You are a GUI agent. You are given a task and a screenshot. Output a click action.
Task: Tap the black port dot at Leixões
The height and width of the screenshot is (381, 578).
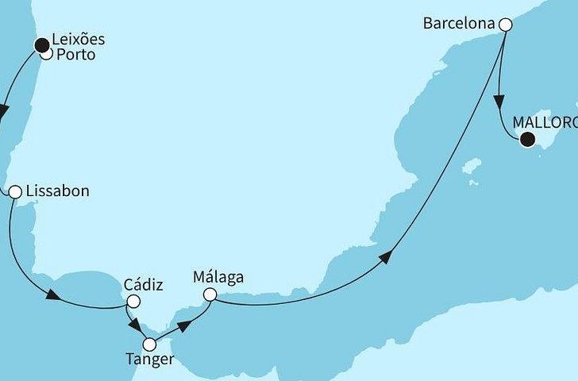[40, 45]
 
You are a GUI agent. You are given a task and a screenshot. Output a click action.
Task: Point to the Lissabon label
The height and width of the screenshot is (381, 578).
[57, 191]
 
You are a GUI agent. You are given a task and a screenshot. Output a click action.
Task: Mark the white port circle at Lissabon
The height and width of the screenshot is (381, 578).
[14, 191]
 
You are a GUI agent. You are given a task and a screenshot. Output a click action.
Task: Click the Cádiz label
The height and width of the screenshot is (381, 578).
[143, 285]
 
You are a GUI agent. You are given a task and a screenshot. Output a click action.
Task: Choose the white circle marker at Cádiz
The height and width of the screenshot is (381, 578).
[133, 301]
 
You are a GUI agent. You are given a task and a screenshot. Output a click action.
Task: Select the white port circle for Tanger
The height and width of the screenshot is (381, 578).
[148, 344]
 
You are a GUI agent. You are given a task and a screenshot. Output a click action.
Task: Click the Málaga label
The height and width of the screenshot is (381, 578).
[218, 277]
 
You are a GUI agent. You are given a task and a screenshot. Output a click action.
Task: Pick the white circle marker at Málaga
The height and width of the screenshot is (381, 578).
[210, 294]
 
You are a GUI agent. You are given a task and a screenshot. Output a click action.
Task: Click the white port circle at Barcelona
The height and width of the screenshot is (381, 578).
[505, 25]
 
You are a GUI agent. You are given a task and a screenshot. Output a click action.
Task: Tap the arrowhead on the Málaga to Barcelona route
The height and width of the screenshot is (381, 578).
[387, 256]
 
